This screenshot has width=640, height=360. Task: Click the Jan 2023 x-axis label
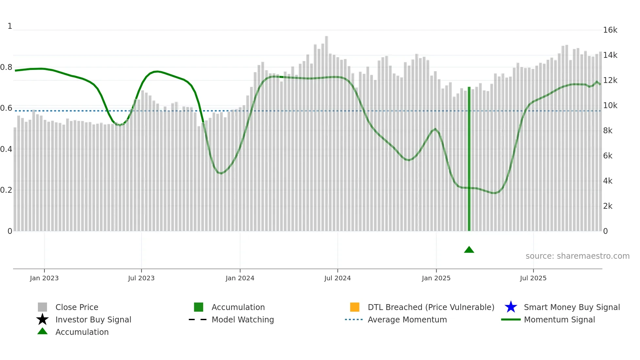pyautogui.click(x=44, y=278)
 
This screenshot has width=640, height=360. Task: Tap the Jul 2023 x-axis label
pyautogui.click(x=141, y=278)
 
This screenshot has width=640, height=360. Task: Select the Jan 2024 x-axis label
pyautogui.click(x=240, y=278)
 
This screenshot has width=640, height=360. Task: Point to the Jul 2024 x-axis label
pyautogui.click(x=337, y=278)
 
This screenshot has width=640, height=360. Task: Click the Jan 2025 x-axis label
pyautogui.click(x=436, y=278)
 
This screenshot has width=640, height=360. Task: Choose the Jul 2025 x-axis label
pyautogui.click(x=533, y=278)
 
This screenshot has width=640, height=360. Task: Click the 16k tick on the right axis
pyautogui.click(x=610, y=30)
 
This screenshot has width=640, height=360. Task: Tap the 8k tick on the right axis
pyautogui.click(x=608, y=131)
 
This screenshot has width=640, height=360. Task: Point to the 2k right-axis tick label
pyautogui.click(x=608, y=206)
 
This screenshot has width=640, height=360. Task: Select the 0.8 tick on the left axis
pyautogui.click(x=6, y=67)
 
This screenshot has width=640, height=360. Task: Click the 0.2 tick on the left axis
pyautogui.click(x=6, y=190)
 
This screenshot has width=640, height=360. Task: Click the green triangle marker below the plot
pyautogui.click(x=469, y=250)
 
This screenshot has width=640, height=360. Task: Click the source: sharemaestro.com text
pyautogui.click(x=577, y=256)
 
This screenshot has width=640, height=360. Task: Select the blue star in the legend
pyautogui.click(x=511, y=307)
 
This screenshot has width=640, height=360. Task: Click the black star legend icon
pyautogui.click(x=42, y=319)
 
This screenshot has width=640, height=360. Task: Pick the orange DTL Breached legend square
pyautogui.click(x=355, y=307)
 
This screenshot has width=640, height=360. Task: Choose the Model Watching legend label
pyautogui.click(x=243, y=319)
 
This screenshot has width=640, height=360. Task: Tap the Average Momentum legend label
pyautogui.click(x=407, y=319)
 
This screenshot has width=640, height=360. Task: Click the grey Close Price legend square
pyautogui.click(x=42, y=307)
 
